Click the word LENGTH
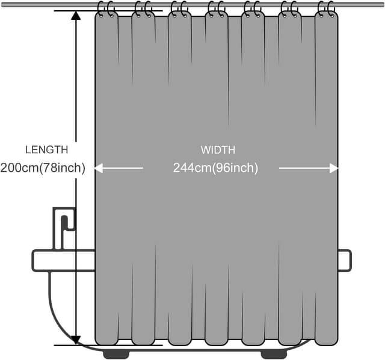click(x=46, y=150)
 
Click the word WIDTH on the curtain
click(x=218, y=150)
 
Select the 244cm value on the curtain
click(x=191, y=168)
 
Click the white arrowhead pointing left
click(x=99, y=169)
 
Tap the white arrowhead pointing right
click(x=334, y=169)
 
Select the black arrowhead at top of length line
click(x=76, y=15)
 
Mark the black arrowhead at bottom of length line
click(x=76, y=341)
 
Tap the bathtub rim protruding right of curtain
click(x=344, y=260)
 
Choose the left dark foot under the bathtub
click(x=117, y=353)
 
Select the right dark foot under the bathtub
click(x=276, y=353)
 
